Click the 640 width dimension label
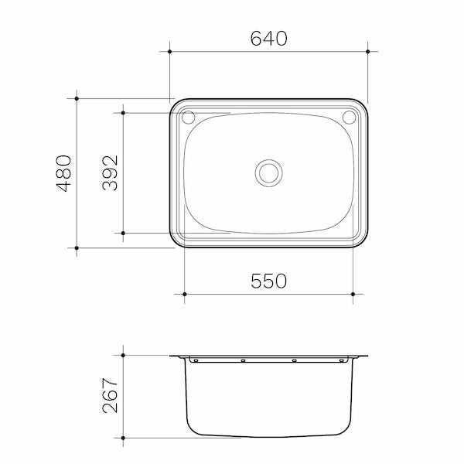pyautogui.click(x=269, y=38)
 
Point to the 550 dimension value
pyautogui.click(x=268, y=281)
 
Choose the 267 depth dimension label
pyautogui.click(x=110, y=396)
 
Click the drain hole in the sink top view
pyautogui.click(x=269, y=172)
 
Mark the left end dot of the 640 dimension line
pyautogui.click(x=170, y=52)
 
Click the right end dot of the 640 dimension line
pyautogui.click(x=367, y=52)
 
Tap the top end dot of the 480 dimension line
pyautogui.click(x=77, y=98)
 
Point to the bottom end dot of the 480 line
pyautogui.click(x=77, y=247)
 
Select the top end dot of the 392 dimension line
pyautogui.click(x=122, y=113)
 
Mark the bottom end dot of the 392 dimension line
pyautogui.click(x=122, y=233)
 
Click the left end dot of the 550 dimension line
pyautogui.click(x=184, y=294)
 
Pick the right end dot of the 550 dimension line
pyautogui.click(x=353, y=294)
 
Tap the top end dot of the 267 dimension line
pyautogui.click(x=122, y=356)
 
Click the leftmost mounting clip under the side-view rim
pyautogui.click(x=195, y=360)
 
